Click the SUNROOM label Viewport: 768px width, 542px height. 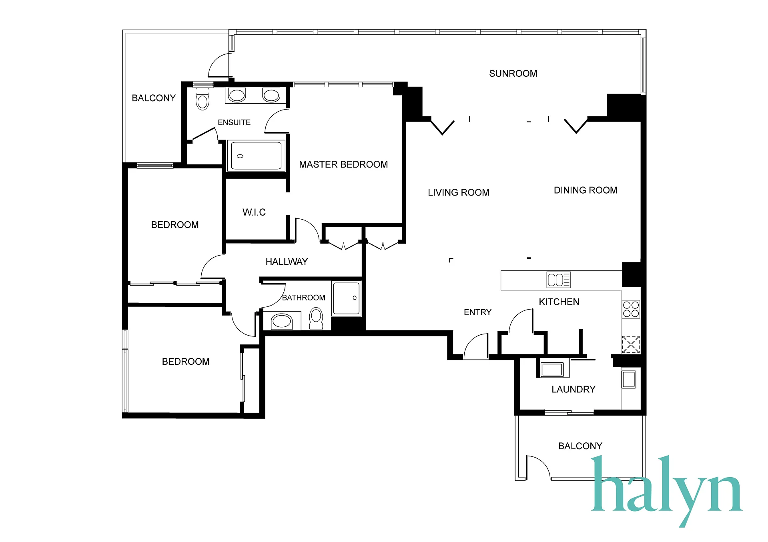pos(513,74)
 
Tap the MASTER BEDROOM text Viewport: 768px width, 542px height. pos(343,164)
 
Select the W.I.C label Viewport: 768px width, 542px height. pos(254,212)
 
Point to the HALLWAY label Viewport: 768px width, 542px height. pos(287,262)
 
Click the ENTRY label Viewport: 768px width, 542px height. pos(477,312)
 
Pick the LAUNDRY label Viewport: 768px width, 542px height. pos(573,389)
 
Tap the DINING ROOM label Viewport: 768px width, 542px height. pos(586,190)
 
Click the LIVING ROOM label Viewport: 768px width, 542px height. pos(459,192)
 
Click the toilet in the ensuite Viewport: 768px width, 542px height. pos(203,98)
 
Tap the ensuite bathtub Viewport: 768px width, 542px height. pos(256,156)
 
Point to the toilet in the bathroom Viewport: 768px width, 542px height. pos(316,318)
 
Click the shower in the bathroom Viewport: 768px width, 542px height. pos(347,298)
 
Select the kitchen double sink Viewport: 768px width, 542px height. pos(558,280)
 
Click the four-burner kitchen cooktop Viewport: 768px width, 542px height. pos(631,309)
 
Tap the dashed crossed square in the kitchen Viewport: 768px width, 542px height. pos(631,344)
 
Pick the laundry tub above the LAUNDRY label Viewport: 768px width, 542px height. pos(552,370)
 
